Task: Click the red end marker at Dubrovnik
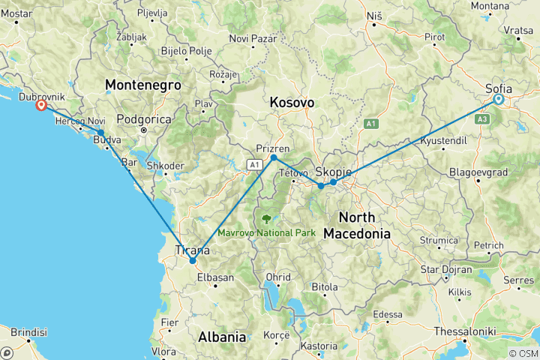(42, 106)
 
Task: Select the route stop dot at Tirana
(193, 260)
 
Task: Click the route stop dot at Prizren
(274, 157)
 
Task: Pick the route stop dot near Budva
(100, 133)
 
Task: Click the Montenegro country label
(143, 85)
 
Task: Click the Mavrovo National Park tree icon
(266, 219)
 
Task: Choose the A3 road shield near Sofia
(482, 118)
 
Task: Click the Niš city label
(373, 16)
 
